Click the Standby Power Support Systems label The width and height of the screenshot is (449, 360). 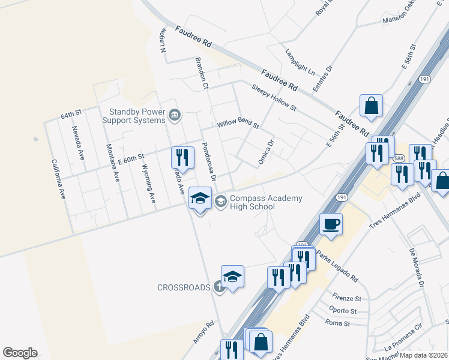[137, 116]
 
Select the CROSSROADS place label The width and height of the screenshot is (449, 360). [184, 287]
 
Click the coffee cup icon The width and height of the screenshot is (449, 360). [331, 225]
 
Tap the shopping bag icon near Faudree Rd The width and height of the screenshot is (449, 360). [372, 106]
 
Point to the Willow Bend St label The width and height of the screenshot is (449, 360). [238, 124]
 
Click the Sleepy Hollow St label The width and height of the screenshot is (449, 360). [274, 97]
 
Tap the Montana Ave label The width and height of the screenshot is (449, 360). [113, 163]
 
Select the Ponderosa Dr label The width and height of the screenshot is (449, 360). [208, 161]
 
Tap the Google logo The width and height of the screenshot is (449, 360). [20, 353]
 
